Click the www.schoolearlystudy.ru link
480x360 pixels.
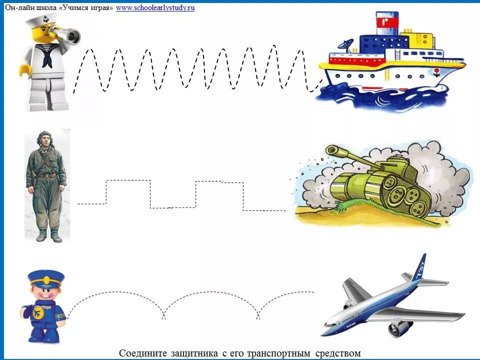tap(155, 8)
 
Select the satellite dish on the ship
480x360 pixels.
tap(344, 45)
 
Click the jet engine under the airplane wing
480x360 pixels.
tap(399, 327)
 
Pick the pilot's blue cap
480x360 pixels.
tap(46, 277)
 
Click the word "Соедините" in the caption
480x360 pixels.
tap(138, 353)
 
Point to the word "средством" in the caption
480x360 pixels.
tap(337, 353)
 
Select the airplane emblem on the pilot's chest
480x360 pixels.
tap(37, 313)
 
